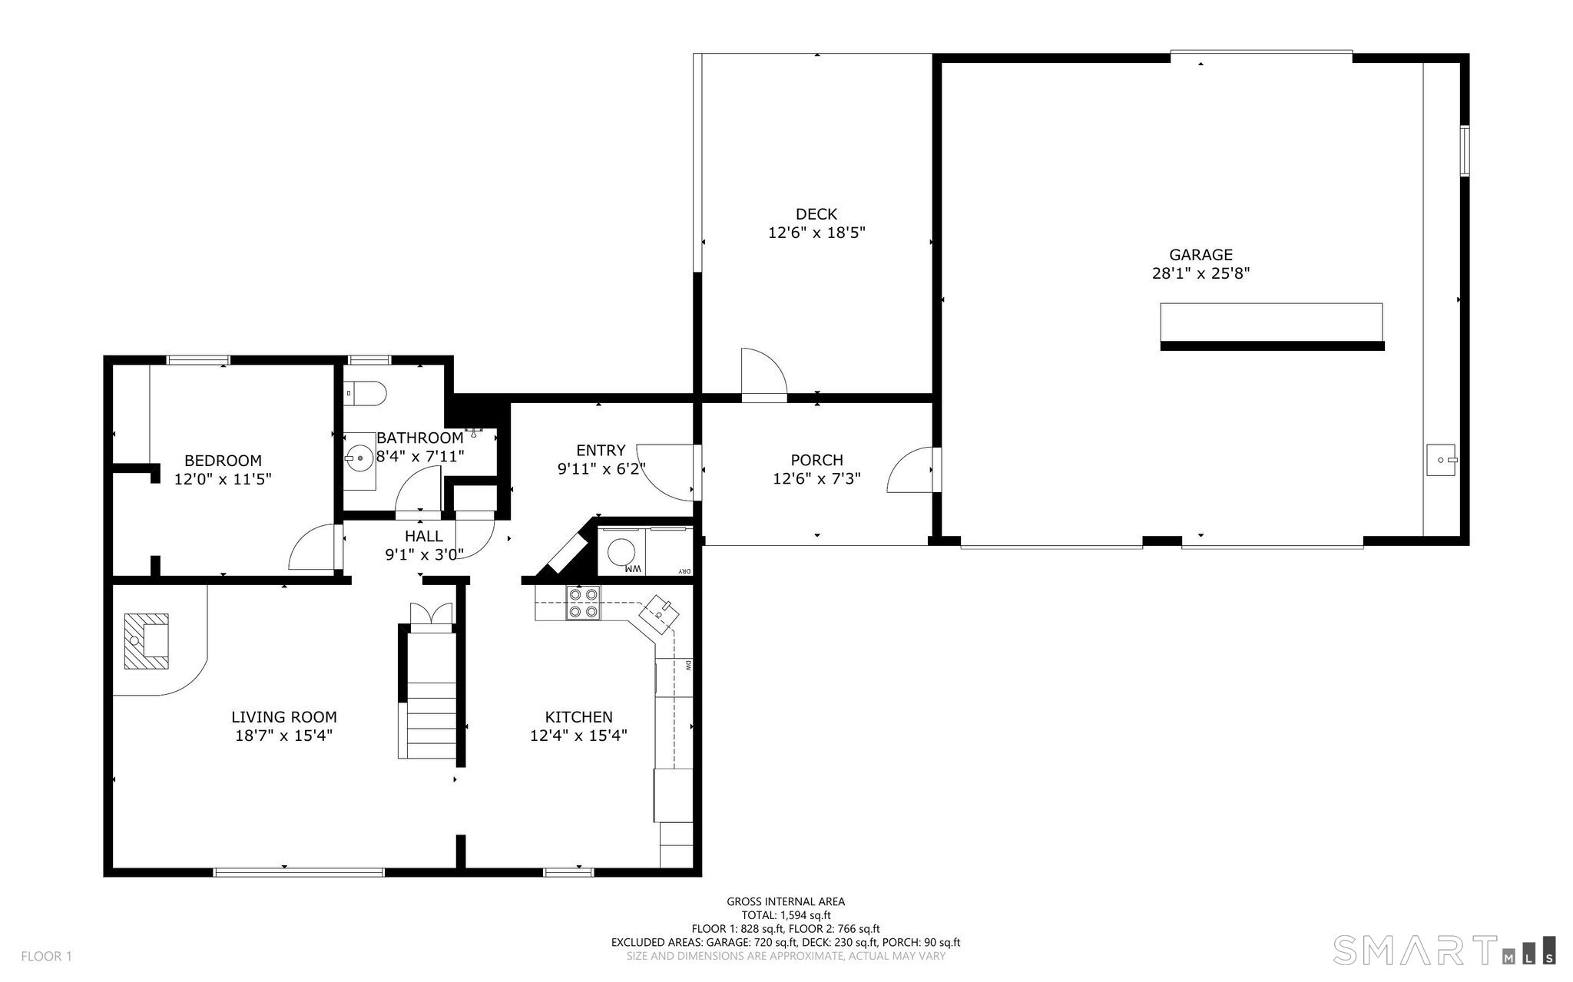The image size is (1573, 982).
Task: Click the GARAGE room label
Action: tap(1200, 255)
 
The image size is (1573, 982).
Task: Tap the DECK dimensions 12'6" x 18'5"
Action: tap(816, 233)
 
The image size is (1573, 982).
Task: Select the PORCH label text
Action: tap(816, 460)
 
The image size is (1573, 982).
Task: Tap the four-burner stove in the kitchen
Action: tap(583, 603)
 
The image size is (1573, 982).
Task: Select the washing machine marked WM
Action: tap(621, 552)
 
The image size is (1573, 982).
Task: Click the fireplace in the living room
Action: tap(146, 641)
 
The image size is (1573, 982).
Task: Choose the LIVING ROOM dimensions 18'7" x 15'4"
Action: tap(283, 736)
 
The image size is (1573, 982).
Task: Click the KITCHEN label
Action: tap(578, 717)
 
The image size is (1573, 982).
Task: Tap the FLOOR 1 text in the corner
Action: tap(46, 957)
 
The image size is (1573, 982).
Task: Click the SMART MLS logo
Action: tap(1445, 949)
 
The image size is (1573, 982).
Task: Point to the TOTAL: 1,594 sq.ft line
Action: tap(786, 915)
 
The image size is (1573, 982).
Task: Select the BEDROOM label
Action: tap(223, 461)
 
